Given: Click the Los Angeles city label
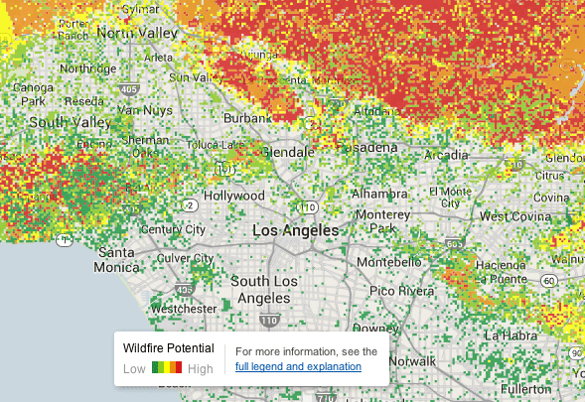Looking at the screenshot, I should point(295,230).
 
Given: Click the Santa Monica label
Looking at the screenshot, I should point(116,260).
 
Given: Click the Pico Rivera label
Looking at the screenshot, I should point(401,291).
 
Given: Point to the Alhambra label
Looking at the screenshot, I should point(378,194).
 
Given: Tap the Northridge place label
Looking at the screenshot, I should point(87,68).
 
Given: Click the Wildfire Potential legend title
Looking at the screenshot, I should point(168,348).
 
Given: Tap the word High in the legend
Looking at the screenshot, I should point(201,369).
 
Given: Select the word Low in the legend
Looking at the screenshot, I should point(135,369).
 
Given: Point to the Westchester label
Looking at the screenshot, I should point(183,309).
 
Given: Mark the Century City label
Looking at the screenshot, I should point(174,229).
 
